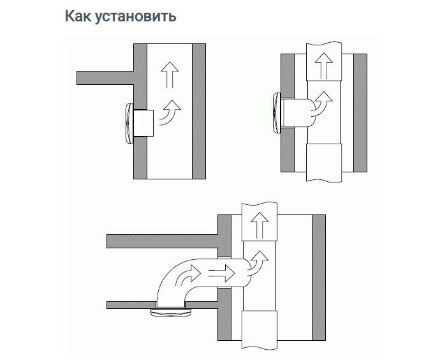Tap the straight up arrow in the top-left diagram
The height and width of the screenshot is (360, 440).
click(168, 73)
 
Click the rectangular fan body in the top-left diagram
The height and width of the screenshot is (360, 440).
click(144, 122)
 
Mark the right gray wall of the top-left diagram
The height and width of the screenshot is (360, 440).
click(199, 112)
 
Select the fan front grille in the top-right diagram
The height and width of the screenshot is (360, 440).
click(276, 112)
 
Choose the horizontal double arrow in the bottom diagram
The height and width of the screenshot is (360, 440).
click(221, 273)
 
